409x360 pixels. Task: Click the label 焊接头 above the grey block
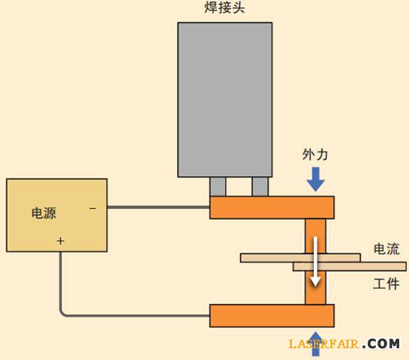click(224, 10)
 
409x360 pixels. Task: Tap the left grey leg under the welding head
click(218, 187)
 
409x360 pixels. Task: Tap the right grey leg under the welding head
click(260, 187)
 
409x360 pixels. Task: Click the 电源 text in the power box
click(44, 213)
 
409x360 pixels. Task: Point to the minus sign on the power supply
click(92, 208)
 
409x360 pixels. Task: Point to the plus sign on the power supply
click(60, 241)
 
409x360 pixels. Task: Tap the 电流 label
click(387, 249)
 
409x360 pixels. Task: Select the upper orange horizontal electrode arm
click(271, 208)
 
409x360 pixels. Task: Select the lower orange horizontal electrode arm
click(271, 315)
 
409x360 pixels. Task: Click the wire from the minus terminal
click(158, 207)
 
